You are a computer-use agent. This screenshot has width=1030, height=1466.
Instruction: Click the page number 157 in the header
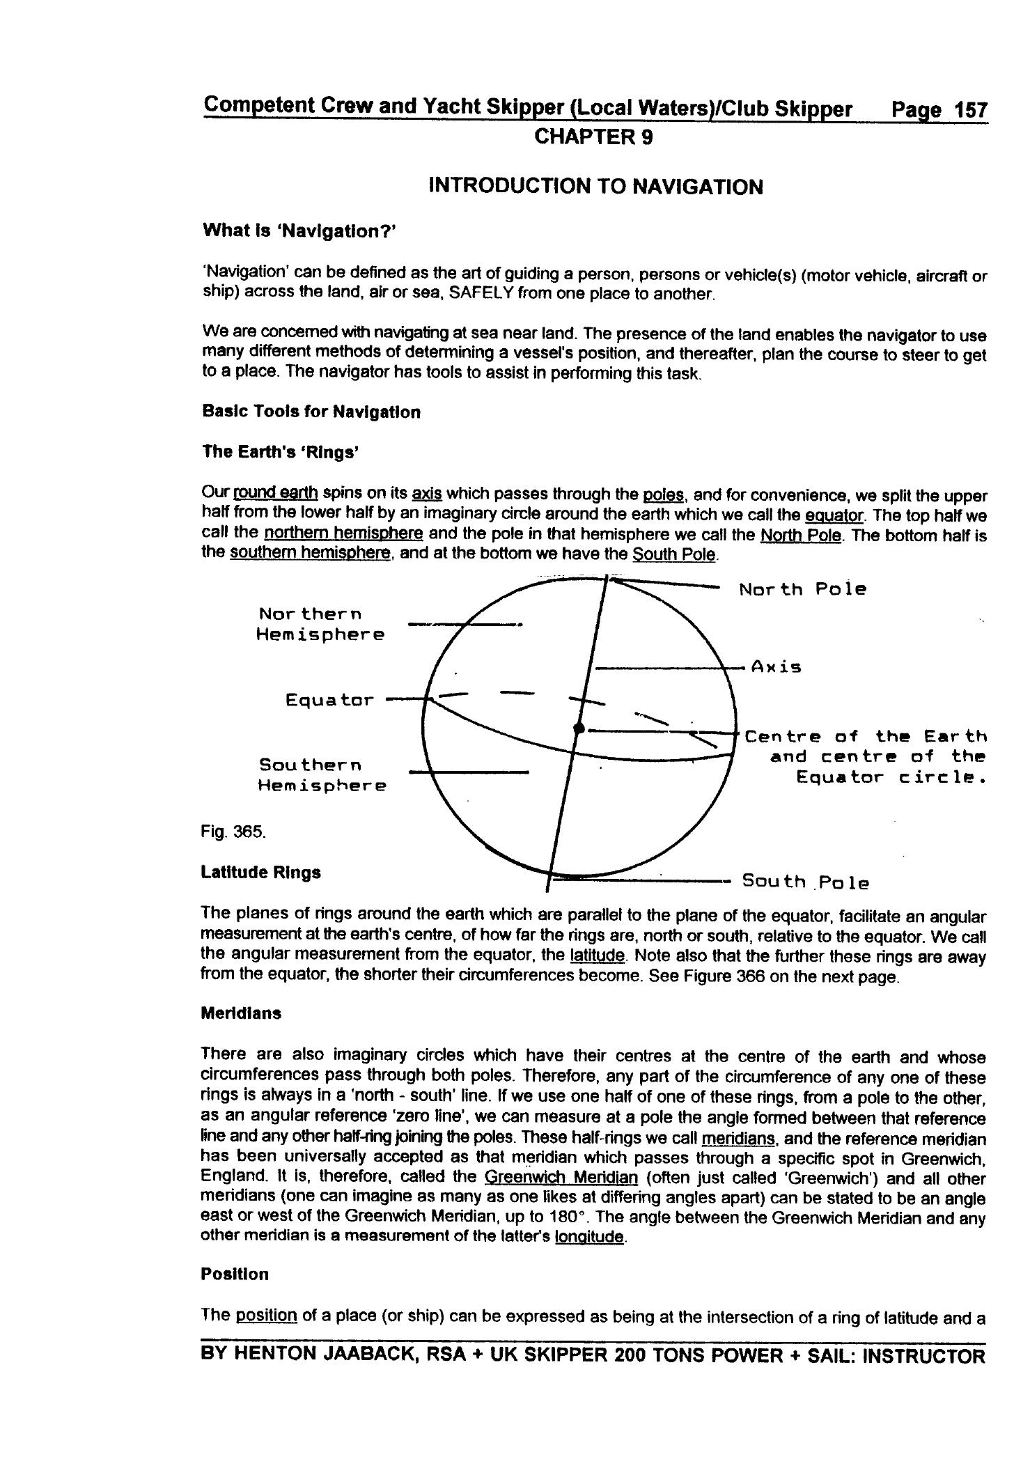click(x=970, y=110)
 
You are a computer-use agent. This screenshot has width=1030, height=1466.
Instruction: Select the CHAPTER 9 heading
click(x=593, y=137)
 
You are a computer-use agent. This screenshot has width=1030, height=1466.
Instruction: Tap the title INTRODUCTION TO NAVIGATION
click(x=595, y=187)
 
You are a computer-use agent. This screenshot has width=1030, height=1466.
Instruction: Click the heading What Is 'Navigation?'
click(x=299, y=231)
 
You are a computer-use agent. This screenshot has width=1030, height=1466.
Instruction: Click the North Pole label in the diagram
click(x=802, y=590)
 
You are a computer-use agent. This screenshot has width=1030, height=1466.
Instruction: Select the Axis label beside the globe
click(x=776, y=667)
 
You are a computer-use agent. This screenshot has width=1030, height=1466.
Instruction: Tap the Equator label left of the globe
click(x=329, y=700)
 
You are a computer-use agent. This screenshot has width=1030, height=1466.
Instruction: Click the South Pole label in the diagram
click(x=805, y=882)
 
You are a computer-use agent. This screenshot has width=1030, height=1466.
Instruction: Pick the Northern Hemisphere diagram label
click(x=320, y=625)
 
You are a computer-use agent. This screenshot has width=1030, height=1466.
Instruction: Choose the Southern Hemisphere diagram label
click(x=322, y=775)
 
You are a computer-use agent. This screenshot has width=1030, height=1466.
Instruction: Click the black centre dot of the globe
click(x=578, y=728)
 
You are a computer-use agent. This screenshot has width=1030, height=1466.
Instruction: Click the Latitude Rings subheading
click(x=260, y=873)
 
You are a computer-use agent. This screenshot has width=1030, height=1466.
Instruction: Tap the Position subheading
click(x=234, y=1274)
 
